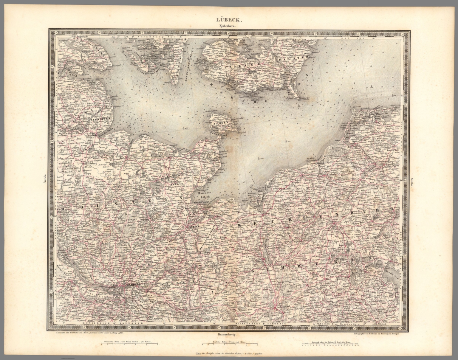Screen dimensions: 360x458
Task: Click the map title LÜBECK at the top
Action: click(x=229, y=21)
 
